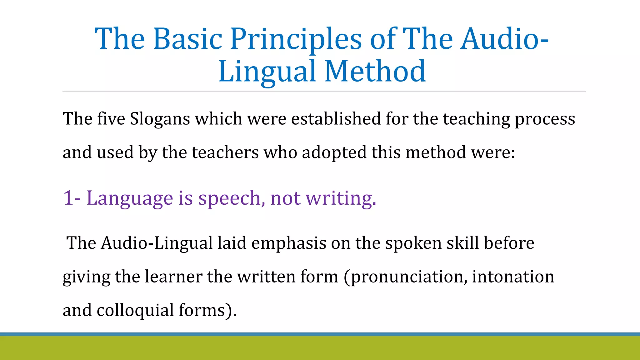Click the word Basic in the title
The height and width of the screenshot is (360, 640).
tap(187, 39)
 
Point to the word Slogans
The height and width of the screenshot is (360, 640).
tap(160, 119)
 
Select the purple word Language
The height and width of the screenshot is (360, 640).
tap(129, 198)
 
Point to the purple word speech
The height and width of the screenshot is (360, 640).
tap(232, 198)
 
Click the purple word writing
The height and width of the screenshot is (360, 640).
tap(341, 198)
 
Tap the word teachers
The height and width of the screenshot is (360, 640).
tap(225, 152)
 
